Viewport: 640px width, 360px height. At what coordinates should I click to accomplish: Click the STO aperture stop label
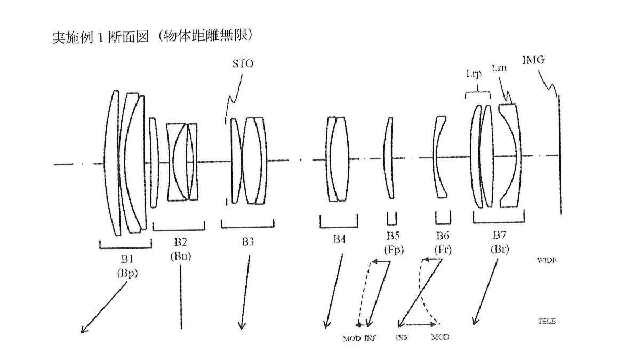click(x=242, y=65)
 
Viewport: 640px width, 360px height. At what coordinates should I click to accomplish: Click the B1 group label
click(x=126, y=259)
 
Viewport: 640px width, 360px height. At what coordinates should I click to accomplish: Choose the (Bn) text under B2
click(x=181, y=255)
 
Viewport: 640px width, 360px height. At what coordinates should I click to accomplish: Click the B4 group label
click(x=339, y=239)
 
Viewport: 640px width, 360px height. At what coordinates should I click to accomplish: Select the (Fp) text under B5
click(x=393, y=249)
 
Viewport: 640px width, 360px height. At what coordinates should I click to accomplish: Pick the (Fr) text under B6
click(x=442, y=249)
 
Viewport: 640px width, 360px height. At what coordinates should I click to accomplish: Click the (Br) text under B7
click(x=499, y=249)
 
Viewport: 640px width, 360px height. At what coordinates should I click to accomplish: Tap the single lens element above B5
click(x=389, y=158)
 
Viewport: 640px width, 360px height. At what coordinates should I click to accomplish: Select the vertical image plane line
click(x=559, y=155)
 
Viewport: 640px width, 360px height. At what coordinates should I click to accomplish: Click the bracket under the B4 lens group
click(x=339, y=225)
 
